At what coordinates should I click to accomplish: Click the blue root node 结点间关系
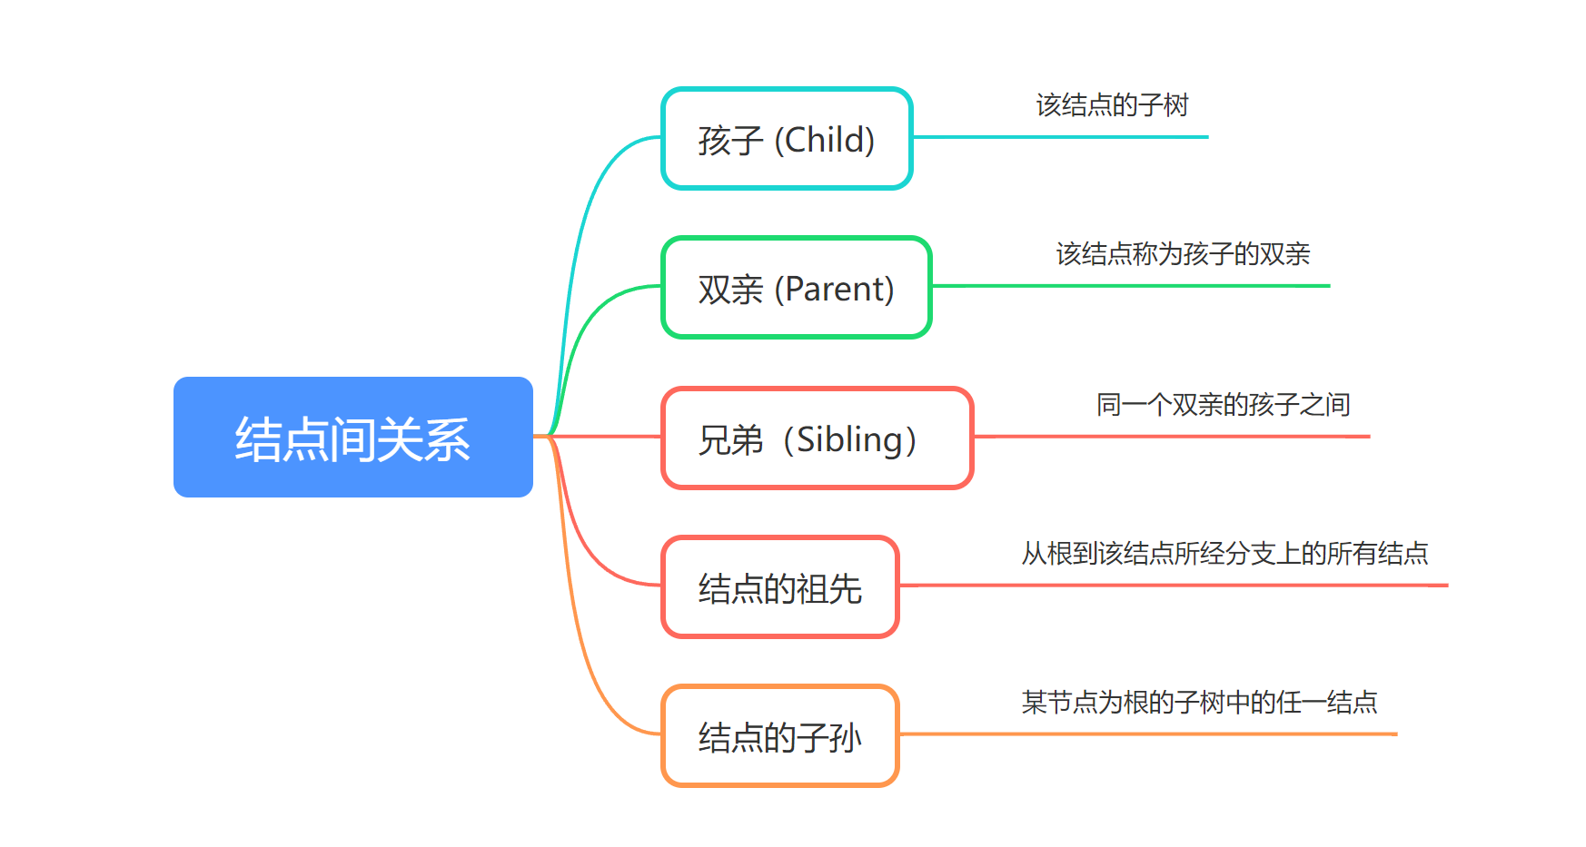coord(353,437)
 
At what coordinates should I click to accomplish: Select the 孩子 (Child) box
coord(787,139)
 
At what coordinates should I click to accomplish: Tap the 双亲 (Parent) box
coord(797,288)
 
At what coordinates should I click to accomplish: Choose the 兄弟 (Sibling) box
coord(818,438)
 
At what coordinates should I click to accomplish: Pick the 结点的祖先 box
coord(780,587)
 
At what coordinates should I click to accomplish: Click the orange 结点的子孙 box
coord(780,736)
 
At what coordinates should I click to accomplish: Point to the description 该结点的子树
coord(1113,105)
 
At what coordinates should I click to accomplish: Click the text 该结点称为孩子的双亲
coord(1183,254)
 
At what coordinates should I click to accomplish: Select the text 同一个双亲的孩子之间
coord(1224,405)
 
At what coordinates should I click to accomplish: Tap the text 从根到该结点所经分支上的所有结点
coord(1224,554)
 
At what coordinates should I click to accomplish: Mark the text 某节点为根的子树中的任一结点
coord(1199,703)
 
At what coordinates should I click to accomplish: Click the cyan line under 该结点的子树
coord(1060,137)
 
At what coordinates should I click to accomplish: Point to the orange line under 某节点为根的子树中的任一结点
coord(1148,734)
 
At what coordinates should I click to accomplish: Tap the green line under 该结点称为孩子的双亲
coord(1131,286)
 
